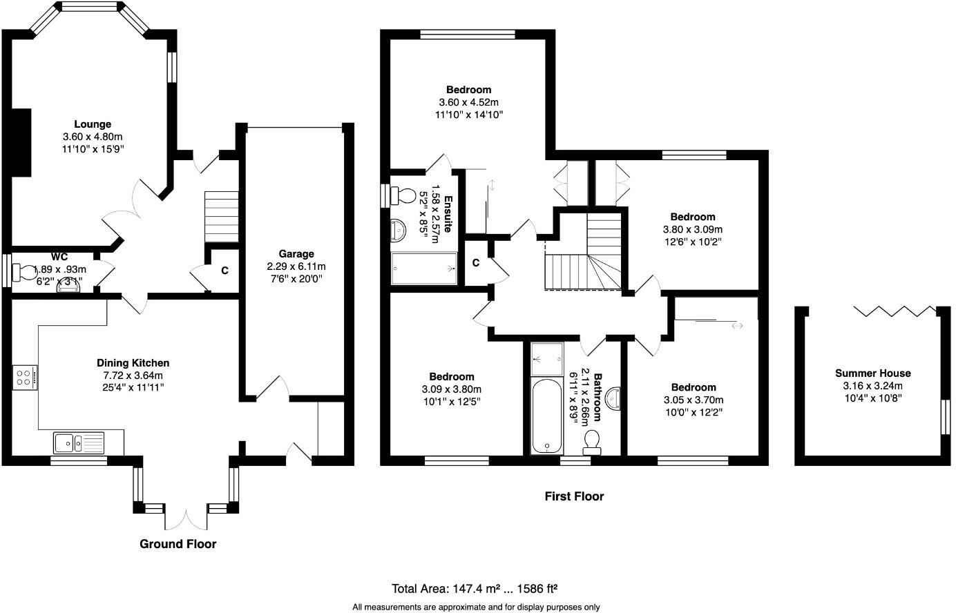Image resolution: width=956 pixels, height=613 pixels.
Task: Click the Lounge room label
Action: pyautogui.click(x=93, y=124)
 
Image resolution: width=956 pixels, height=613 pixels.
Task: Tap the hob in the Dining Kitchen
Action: pyautogui.click(x=25, y=377)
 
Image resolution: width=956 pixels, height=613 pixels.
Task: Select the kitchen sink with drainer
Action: pyautogui.click(x=79, y=442)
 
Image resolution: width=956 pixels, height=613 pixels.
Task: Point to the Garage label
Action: pyautogui.click(x=296, y=254)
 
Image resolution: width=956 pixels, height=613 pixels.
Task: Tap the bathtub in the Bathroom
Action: pyautogui.click(x=548, y=416)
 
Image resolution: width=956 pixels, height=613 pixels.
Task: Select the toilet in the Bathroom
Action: pyautogui.click(x=592, y=441)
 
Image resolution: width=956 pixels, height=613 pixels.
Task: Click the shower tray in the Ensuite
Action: pyautogui.click(x=424, y=269)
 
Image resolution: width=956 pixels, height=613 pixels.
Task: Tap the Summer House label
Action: pyautogui.click(x=872, y=373)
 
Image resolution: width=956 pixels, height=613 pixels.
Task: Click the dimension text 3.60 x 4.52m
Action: pyautogui.click(x=468, y=102)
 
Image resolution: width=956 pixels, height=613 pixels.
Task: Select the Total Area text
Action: pyautogui.click(x=475, y=589)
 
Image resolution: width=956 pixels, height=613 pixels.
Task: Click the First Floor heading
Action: pyautogui.click(x=573, y=496)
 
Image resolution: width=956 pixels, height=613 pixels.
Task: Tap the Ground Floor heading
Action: pyautogui.click(x=178, y=544)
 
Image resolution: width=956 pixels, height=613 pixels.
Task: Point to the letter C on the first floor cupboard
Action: pyautogui.click(x=476, y=262)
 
